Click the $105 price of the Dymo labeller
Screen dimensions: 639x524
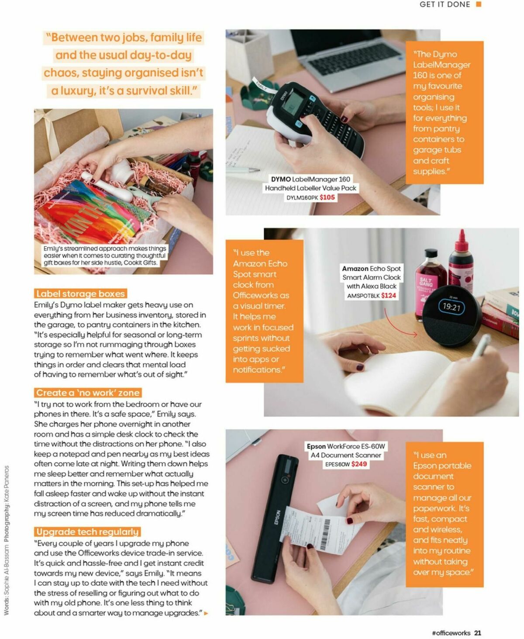pos(327,197)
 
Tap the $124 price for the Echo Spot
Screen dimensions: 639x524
pos(388,296)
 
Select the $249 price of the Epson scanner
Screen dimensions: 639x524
pos(359,464)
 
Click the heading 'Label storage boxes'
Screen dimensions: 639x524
pos(80,294)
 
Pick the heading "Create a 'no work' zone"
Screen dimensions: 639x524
pos(88,393)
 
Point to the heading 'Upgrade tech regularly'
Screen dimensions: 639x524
pos(87,532)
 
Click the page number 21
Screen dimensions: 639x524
pos(478,633)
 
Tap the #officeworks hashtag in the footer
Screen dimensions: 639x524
pos(451,633)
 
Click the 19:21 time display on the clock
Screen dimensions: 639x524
pos(451,307)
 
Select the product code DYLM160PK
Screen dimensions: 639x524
pos(302,198)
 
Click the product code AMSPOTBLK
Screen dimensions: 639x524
pos(363,296)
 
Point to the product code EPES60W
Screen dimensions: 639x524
pos(337,464)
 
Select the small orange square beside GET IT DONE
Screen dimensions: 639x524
pos(479,4)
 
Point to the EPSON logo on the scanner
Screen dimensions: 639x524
pos(277,517)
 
